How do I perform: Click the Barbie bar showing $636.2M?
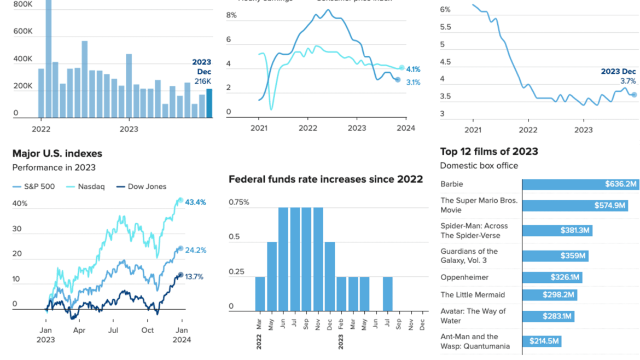tap(580, 184)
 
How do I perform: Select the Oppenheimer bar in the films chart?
tap(552, 277)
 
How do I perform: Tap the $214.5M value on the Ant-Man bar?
tap(544, 341)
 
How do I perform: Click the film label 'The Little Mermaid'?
tap(473, 295)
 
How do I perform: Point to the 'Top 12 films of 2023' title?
tap(489, 152)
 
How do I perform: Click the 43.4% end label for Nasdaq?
tap(195, 202)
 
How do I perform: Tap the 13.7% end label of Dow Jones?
tap(194, 277)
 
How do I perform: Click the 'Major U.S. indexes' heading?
tap(57, 154)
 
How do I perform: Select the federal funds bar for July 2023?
tap(387, 294)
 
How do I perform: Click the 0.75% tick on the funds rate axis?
tap(238, 202)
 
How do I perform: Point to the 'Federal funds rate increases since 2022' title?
tap(325, 179)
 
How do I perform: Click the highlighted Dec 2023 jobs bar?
tap(209, 103)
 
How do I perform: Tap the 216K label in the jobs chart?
tap(202, 82)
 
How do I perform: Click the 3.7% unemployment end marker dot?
tap(634, 95)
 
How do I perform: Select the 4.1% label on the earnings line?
tap(413, 69)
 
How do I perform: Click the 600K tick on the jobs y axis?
tap(22, 32)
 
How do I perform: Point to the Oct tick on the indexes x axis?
tap(148, 330)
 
